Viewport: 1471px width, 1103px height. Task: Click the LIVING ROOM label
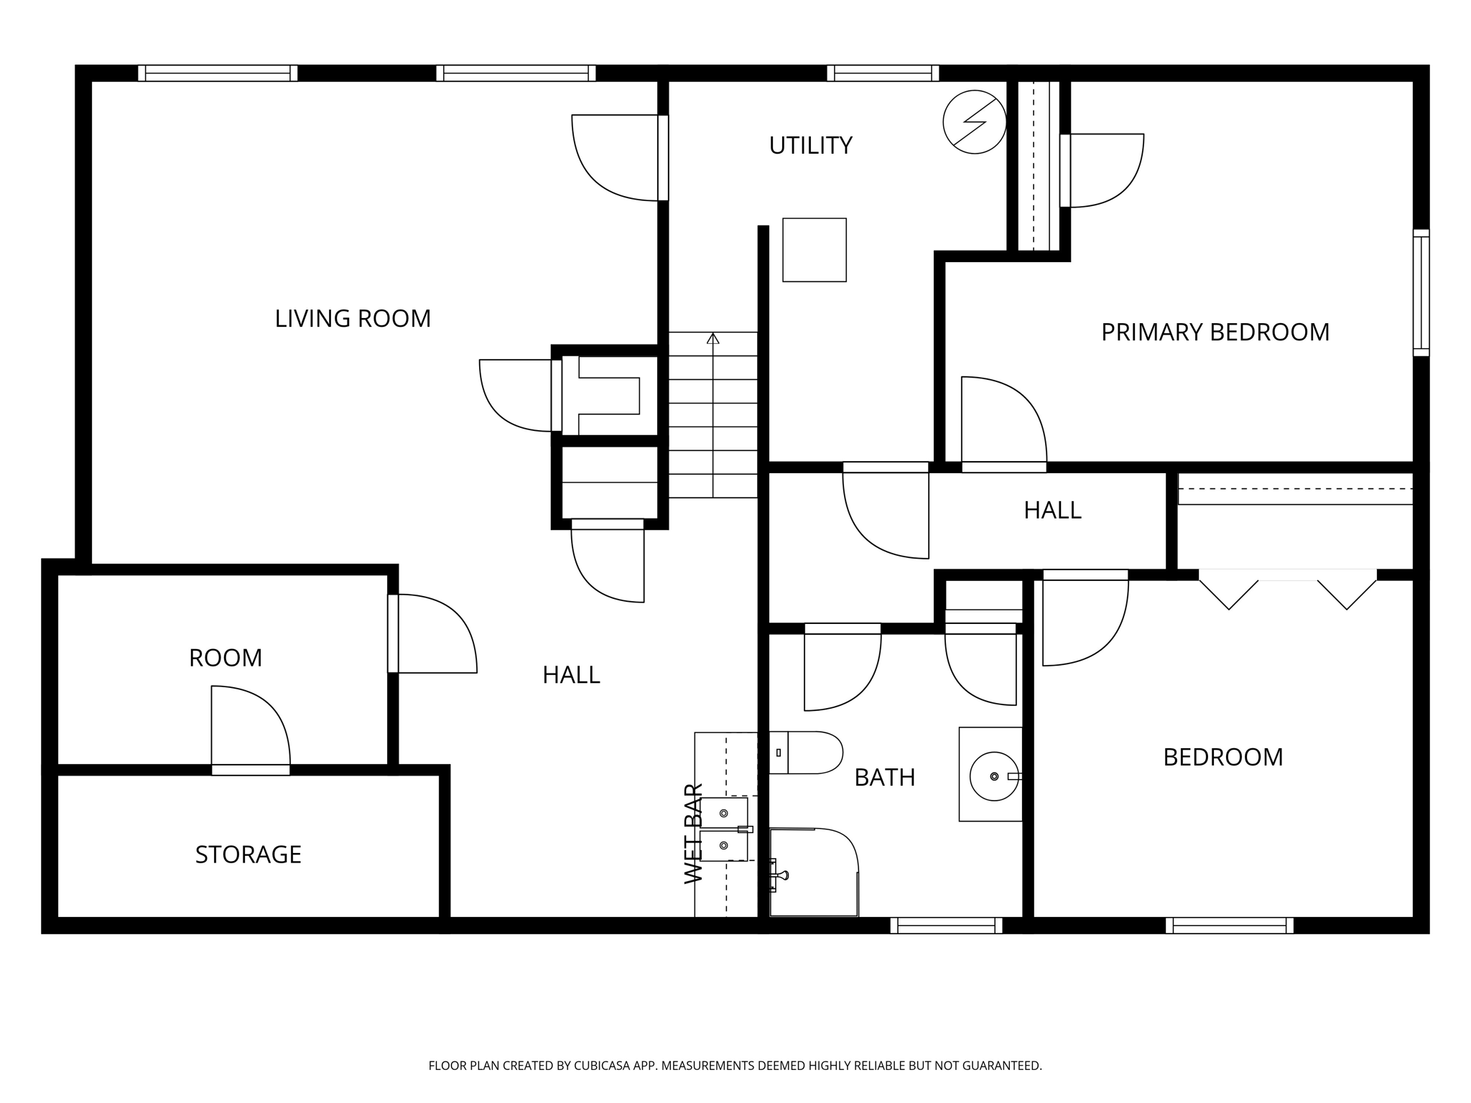(353, 318)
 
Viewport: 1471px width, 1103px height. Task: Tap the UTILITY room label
(810, 146)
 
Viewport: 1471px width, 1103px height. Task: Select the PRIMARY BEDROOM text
(1215, 332)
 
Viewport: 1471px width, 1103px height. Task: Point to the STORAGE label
(248, 855)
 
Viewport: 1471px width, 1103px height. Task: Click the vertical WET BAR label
(694, 834)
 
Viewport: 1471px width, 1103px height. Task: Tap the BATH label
(884, 778)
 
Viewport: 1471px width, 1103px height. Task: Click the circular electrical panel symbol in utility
(974, 122)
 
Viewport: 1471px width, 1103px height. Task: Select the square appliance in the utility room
(814, 250)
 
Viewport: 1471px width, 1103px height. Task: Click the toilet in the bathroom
(807, 753)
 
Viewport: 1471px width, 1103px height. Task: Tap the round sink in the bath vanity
(994, 776)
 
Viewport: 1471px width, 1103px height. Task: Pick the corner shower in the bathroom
(814, 872)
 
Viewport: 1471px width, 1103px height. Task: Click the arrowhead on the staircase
(713, 338)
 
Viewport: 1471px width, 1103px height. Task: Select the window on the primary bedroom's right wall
(1421, 292)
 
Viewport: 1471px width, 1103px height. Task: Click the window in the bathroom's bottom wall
(946, 926)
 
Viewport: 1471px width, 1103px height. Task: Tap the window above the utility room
(883, 73)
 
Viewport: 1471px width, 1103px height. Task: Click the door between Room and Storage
(251, 769)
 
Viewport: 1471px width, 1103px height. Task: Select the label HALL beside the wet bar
(571, 675)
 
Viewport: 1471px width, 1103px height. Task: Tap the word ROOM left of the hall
(226, 658)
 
